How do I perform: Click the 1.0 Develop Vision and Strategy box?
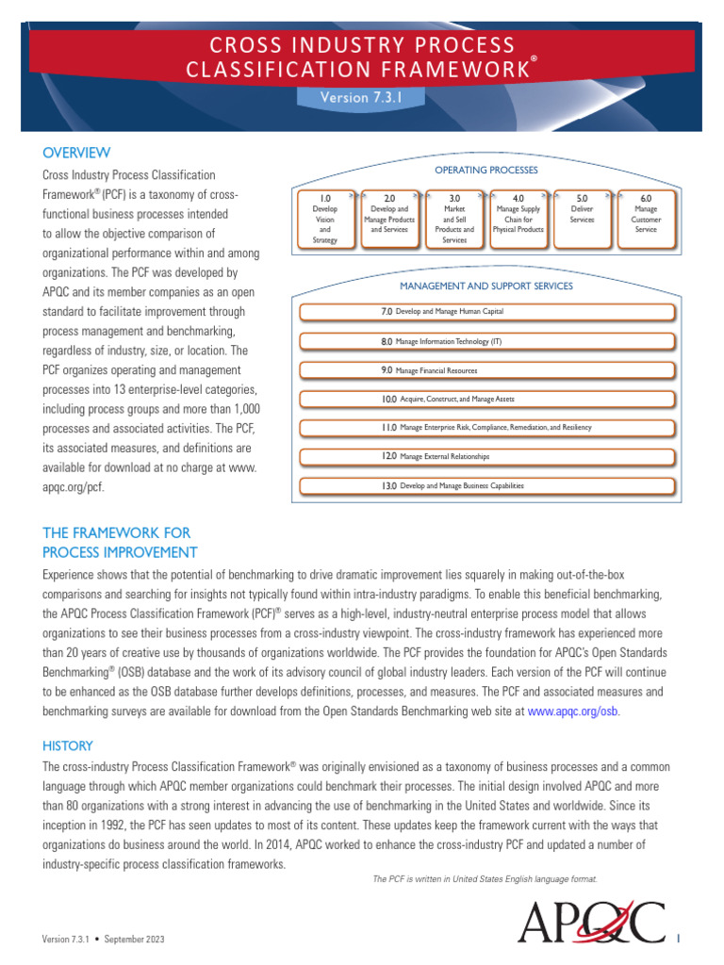324,220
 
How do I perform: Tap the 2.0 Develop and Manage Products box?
389,220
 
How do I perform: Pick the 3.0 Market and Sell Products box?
453,220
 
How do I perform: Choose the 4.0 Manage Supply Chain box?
518,220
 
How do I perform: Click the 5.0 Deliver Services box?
582,220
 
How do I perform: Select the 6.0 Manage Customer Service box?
646,220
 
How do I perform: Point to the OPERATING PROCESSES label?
485,170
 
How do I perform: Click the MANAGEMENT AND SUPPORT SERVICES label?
485,286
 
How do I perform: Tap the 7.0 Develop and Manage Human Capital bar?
486,312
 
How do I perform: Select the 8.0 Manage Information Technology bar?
486,341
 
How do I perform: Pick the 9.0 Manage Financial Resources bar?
486,370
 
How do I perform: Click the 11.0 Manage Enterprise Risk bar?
486,428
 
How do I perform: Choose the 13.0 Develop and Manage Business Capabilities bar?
486,486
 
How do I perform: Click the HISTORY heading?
68,745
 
